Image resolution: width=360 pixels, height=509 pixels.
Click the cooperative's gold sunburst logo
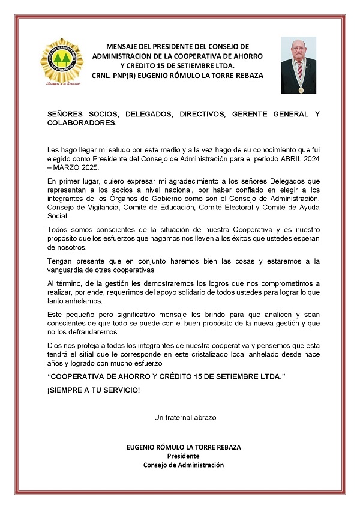pyautogui.click(x=61, y=62)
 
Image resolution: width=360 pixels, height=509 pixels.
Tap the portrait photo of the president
pyautogui.click(x=298, y=65)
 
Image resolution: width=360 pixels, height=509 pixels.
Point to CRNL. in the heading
pyautogui.click(x=104, y=76)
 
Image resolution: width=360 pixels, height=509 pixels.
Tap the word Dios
pyautogui.click(x=55, y=346)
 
